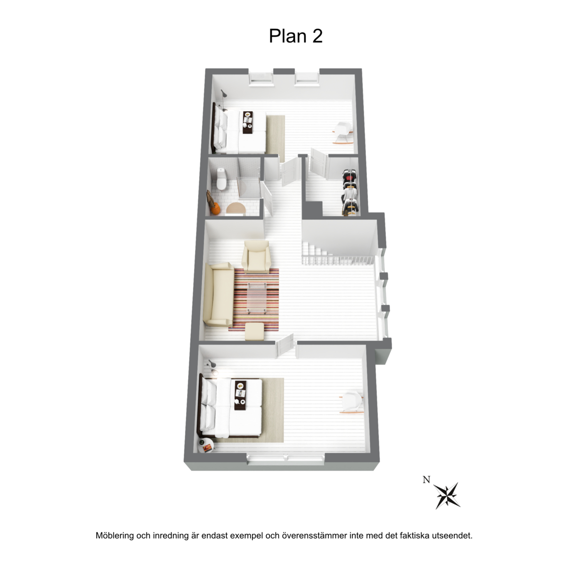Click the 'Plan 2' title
295,36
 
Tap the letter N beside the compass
426,480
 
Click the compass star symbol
447,495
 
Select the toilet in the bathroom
221,179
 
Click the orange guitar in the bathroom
213,204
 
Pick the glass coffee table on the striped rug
257,298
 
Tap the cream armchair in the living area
256,256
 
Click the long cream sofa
218,295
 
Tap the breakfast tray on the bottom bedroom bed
240,395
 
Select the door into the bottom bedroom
285,345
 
